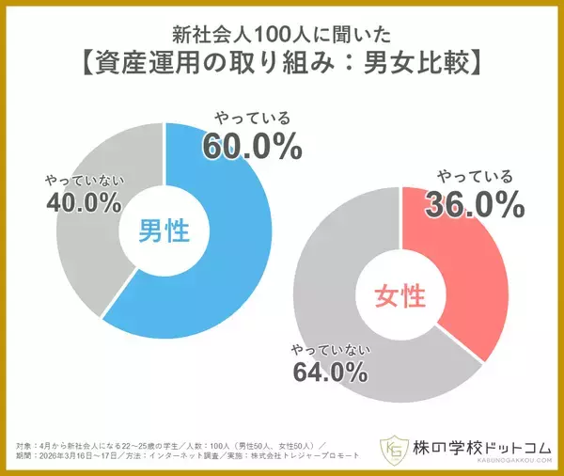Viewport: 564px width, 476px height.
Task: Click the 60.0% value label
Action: tap(251, 146)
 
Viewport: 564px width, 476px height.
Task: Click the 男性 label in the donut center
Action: tap(164, 229)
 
